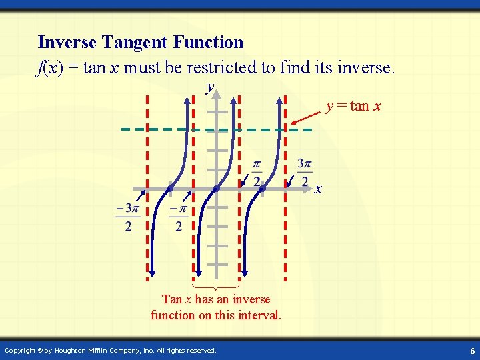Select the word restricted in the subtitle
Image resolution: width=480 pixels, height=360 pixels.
[231, 67]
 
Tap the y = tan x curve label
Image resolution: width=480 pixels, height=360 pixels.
[353, 106]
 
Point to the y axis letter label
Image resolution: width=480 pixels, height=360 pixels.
[211, 87]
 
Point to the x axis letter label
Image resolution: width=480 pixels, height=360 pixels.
[319, 189]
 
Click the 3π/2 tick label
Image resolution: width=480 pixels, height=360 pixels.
[305, 173]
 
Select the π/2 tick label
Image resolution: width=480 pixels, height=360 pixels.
[257, 173]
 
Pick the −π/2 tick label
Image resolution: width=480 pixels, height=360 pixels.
[178, 217]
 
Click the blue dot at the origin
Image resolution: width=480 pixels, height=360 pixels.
[217, 189]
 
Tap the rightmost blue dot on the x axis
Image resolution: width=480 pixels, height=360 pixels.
[263, 189]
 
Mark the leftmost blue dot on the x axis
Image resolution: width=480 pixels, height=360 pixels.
[171, 189]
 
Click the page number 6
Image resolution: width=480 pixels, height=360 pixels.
[471, 351]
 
